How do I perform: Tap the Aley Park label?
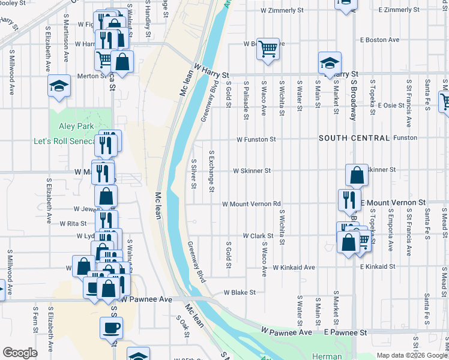76,127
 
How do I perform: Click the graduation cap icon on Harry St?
329,64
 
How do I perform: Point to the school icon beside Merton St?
59,87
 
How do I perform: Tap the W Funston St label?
256,139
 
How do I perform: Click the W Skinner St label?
252,170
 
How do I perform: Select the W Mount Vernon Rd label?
252,204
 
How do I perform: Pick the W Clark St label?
258,236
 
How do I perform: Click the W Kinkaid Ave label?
294,267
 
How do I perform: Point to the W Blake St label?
240,293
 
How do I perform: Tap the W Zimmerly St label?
282,11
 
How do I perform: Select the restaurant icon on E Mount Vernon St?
349,200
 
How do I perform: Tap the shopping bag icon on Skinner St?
357,175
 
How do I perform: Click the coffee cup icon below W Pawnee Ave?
112,329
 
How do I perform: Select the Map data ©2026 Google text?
411,355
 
